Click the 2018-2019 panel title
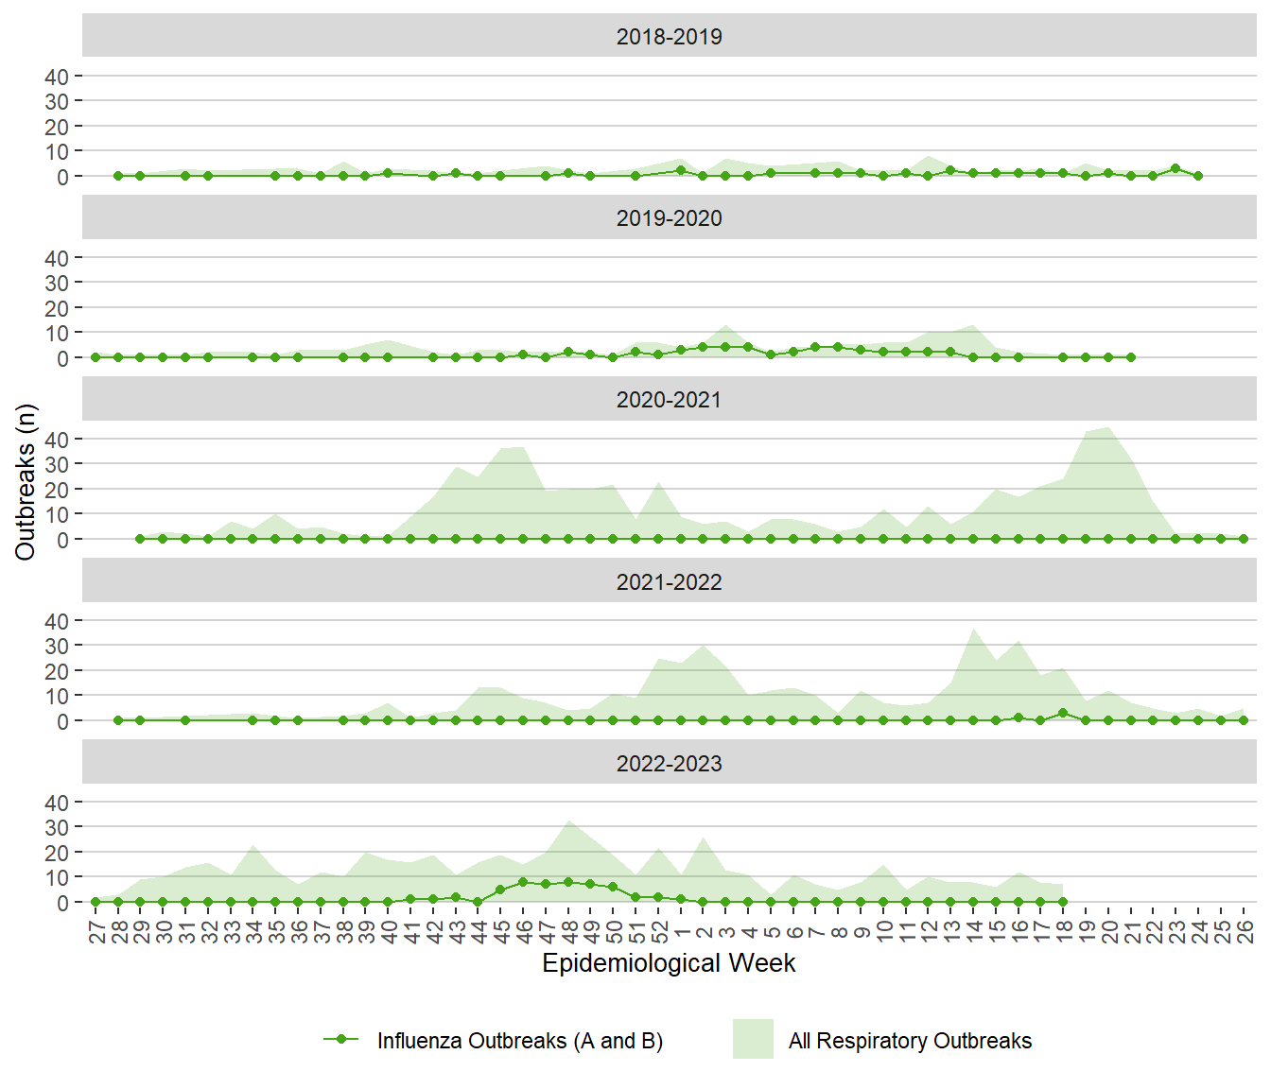pyautogui.click(x=669, y=37)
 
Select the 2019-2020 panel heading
pyautogui.click(x=669, y=218)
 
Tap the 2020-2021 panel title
pyautogui.click(x=669, y=400)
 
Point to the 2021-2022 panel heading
pyautogui.click(x=669, y=582)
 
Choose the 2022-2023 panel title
pyautogui.click(x=669, y=764)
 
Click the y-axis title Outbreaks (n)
pyautogui.click(x=26, y=482)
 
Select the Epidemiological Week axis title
pyautogui.click(x=669, y=963)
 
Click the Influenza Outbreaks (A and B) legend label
pyautogui.click(x=519, y=1041)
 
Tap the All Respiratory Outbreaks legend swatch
pyautogui.click(x=753, y=1039)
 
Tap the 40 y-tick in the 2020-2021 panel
pyautogui.click(x=57, y=440)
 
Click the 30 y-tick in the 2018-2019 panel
pyautogui.click(x=57, y=101)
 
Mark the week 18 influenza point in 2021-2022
pyautogui.click(x=1063, y=713)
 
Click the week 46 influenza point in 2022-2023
pyautogui.click(x=523, y=882)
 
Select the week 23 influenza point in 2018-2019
pyautogui.click(x=1175, y=168)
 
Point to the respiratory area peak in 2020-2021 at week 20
pyautogui.click(x=1108, y=428)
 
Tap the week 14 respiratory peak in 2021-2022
pyautogui.click(x=973, y=630)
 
